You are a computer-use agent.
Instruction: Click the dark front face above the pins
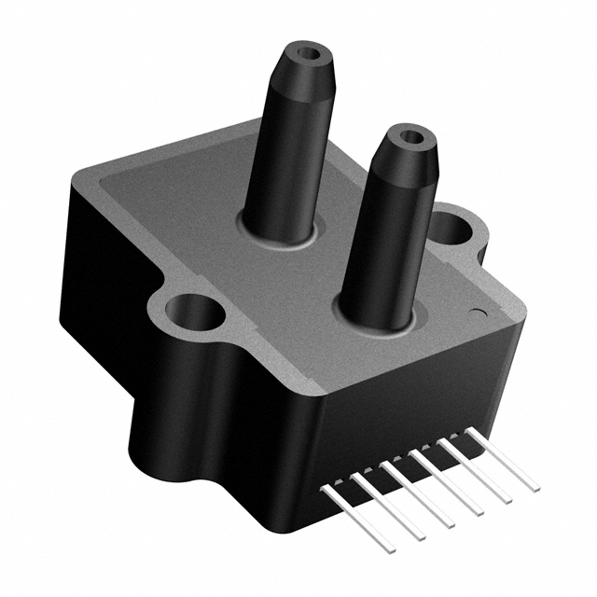(x=410, y=401)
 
